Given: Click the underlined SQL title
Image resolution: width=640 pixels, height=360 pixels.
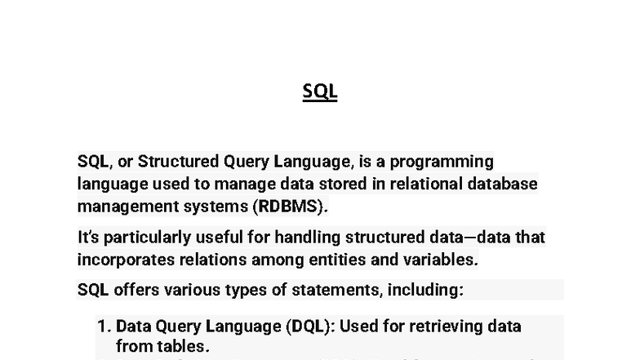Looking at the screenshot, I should coord(320,91).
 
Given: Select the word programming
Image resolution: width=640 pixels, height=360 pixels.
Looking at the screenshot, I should coord(447,161).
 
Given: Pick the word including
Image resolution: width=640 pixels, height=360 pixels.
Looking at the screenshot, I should coord(424,290).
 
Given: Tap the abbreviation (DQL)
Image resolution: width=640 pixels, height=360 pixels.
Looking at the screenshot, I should coord(309,327).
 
